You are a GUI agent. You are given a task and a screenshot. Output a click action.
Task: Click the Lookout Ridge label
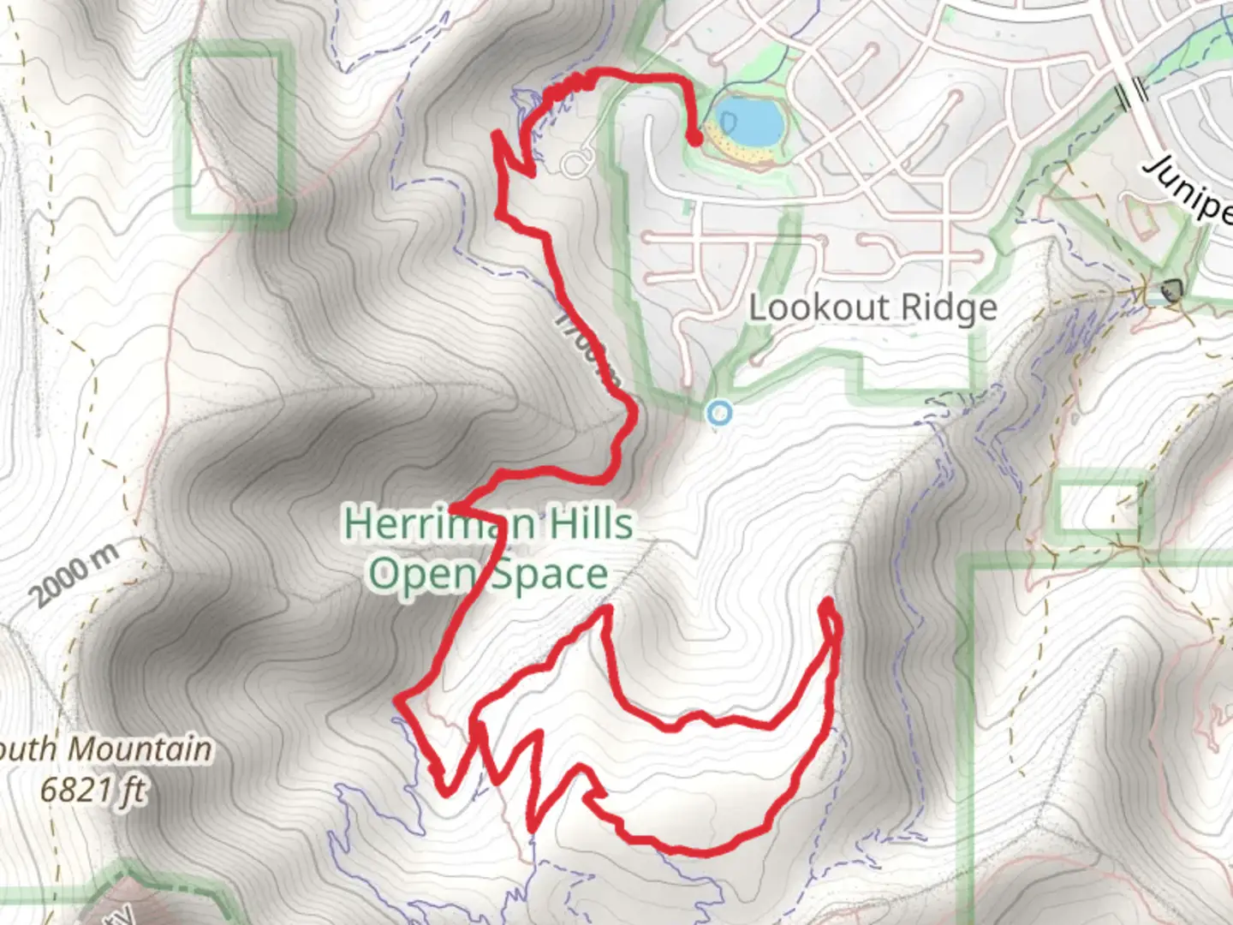pos(873,307)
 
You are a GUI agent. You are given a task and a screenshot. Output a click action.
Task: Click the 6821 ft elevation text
pos(92,789)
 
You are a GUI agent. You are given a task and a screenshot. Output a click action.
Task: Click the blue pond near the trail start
pos(750,121)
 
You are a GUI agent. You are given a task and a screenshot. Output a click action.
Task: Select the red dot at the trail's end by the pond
pos(695,137)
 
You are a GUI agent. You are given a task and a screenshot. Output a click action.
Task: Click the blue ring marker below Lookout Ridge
pos(721,414)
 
